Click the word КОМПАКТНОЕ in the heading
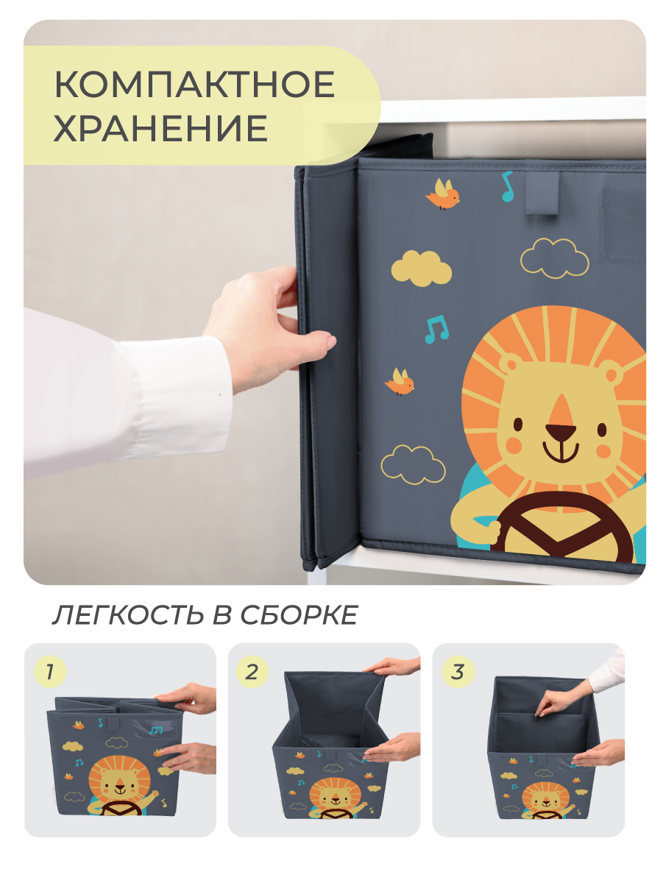pos(194,85)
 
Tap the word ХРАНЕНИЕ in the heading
pos(160,129)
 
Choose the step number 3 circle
pos(457,671)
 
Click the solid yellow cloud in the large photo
pos(421,268)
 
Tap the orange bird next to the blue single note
pos(443,194)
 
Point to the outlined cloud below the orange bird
pos(413,464)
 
